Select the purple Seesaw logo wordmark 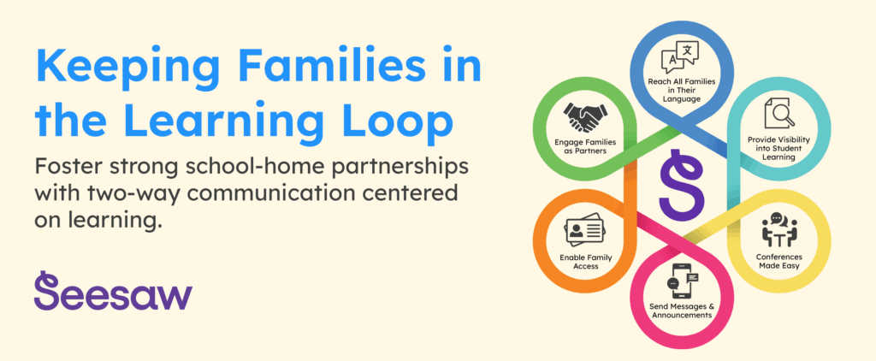113,291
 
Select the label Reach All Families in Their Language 681,90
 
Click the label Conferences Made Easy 778,261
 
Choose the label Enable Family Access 585,262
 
